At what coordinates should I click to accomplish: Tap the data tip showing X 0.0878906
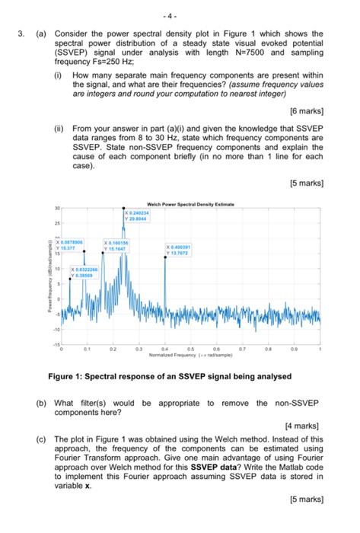(x=75, y=242)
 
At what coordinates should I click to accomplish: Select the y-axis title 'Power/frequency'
(x=47, y=286)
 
